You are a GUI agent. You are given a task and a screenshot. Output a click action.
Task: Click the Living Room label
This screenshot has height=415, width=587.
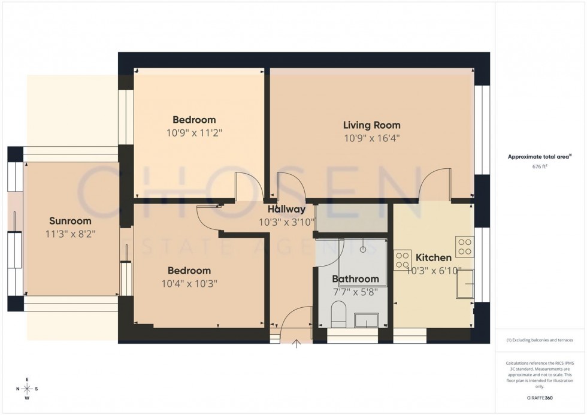pyautogui.click(x=371, y=125)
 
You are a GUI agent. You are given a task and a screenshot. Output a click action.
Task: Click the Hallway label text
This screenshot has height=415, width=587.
pyautogui.click(x=286, y=210)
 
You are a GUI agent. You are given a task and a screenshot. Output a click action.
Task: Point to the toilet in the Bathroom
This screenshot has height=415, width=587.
pyautogui.click(x=338, y=314)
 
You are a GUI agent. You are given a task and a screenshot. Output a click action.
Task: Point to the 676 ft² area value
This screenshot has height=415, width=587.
pyautogui.click(x=537, y=167)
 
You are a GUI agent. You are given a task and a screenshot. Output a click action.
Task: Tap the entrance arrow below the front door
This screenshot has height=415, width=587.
pyautogui.click(x=297, y=343)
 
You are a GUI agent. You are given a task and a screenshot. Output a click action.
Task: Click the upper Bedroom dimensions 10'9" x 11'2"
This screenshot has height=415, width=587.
pyautogui.click(x=194, y=132)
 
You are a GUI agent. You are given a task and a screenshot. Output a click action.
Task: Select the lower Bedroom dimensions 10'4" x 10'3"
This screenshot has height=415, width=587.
pyautogui.click(x=189, y=283)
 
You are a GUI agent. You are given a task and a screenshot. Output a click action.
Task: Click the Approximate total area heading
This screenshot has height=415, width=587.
pyautogui.click(x=537, y=157)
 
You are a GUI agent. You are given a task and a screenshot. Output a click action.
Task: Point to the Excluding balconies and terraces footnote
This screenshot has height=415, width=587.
pyautogui.click(x=539, y=340)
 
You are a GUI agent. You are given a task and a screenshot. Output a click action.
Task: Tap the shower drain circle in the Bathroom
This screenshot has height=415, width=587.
pyautogui.click(x=364, y=249)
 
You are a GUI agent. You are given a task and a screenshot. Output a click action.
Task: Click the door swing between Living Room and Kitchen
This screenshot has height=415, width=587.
pyautogui.click(x=435, y=183)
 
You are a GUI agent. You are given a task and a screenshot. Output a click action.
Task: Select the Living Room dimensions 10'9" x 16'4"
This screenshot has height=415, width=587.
pyautogui.click(x=371, y=138)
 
